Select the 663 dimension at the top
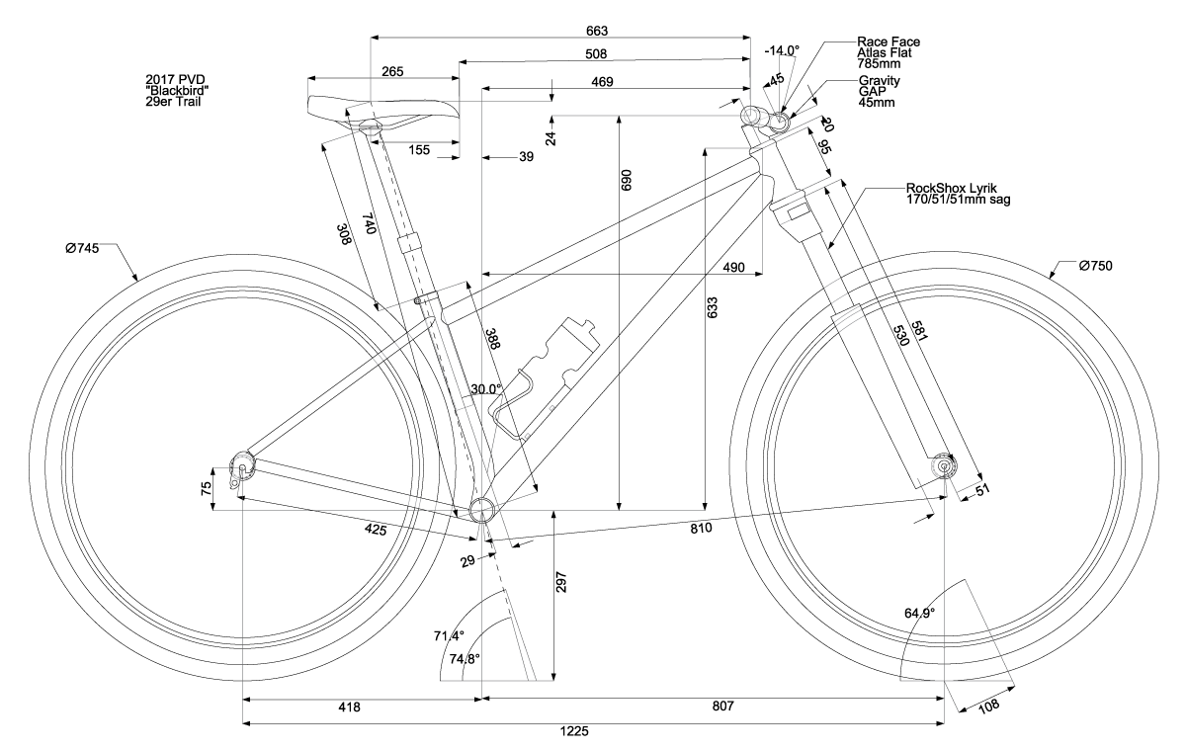pyautogui.click(x=596, y=30)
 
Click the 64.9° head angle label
pyautogui.click(x=919, y=613)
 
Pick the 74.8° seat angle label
pyautogui.click(x=465, y=659)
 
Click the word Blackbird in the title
pyautogui.click(x=177, y=90)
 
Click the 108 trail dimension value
pyautogui.click(x=989, y=705)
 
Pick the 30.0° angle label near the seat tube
pyautogui.click(x=486, y=389)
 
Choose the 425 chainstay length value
pyautogui.click(x=374, y=530)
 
